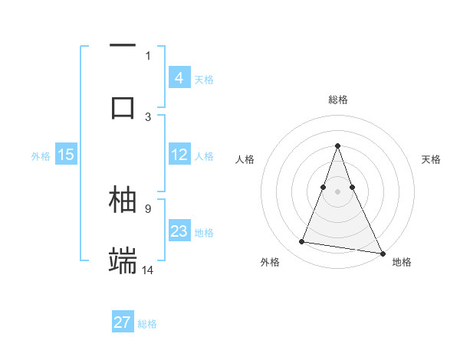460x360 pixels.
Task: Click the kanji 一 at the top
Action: (x=123, y=47)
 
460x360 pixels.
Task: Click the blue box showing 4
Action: (x=179, y=78)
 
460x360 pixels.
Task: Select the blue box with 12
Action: (x=179, y=155)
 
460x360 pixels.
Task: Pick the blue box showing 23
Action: (x=179, y=231)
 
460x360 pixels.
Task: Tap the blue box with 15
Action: (x=66, y=155)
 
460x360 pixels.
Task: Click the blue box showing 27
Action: (x=123, y=322)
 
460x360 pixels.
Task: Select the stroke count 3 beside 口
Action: (x=148, y=116)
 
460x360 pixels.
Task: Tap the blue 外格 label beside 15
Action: (x=41, y=155)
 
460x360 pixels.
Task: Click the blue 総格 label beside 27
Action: (x=147, y=323)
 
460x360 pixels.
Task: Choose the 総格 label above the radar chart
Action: (x=337, y=100)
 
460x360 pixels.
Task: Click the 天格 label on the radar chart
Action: (x=431, y=159)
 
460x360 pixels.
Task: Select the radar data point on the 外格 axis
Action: (x=302, y=242)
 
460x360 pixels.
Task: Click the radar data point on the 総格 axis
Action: (x=337, y=146)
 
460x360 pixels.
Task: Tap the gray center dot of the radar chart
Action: (x=337, y=191)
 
